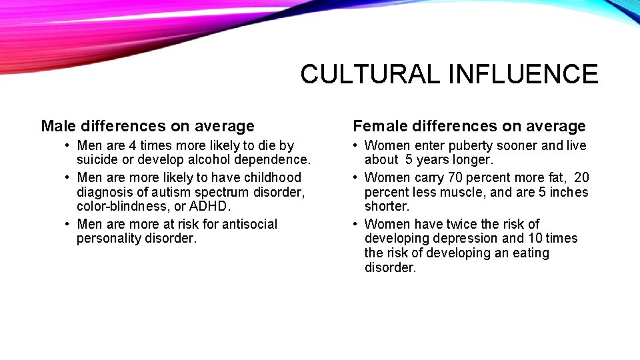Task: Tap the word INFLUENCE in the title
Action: [523, 74]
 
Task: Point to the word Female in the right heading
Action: [377, 126]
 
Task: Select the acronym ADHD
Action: [209, 207]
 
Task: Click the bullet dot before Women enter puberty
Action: [357, 145]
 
